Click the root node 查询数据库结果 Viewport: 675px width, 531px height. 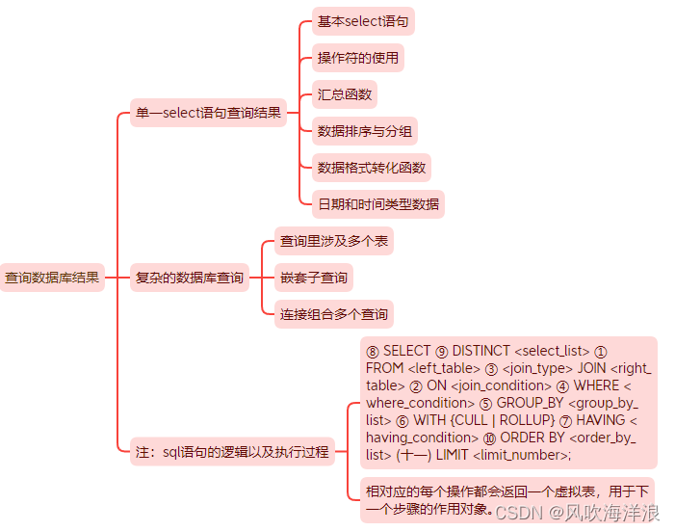pyautogui.click(x=52, y=278)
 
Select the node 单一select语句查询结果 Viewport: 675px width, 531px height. pyautogui.click(x=209, y=113)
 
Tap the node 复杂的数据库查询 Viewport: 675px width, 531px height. pyautogui.click(x=189, y=278)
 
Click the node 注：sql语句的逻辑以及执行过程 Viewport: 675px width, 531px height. pyautogui.click(x=232, y=451)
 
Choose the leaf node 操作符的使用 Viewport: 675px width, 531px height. pyautogui.click(x=358, y=58)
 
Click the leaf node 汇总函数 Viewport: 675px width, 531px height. pyautogui.click(x=345, y=94)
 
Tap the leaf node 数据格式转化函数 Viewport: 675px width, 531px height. pyautogui.click(x=372, y=168)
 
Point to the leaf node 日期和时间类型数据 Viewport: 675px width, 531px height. pyautogui.click(x=378, y=204)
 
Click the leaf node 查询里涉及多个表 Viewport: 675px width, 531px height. pyautogui.click(x=334, y=241)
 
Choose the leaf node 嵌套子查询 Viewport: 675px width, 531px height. pyautogui.click(x=314, y=278)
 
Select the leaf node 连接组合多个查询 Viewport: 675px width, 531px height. pyautogui.click(x=334, y=314)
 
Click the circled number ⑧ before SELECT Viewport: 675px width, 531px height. pyautogui.click(x=373, y=351)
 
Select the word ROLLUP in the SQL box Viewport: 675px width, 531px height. pyautogui.click(x=524, y=420)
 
